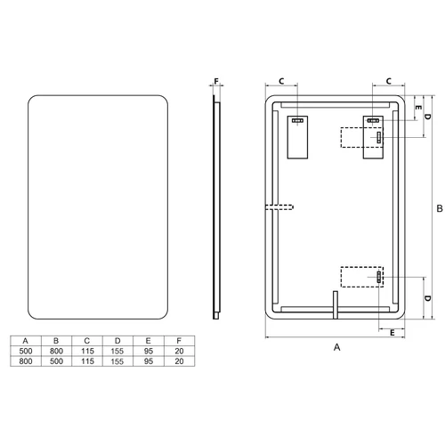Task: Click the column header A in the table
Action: [26, 341]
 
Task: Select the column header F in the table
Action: [179, 341]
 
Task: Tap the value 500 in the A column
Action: [26, 351]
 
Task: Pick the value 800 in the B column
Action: [56, 351]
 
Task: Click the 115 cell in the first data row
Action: [87, 351]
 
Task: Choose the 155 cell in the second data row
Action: [117, 361]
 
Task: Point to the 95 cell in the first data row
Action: [149, 351]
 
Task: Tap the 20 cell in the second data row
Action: [179, 361]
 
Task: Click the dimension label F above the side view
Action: [216, 81]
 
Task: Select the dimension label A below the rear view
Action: [336, 347]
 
